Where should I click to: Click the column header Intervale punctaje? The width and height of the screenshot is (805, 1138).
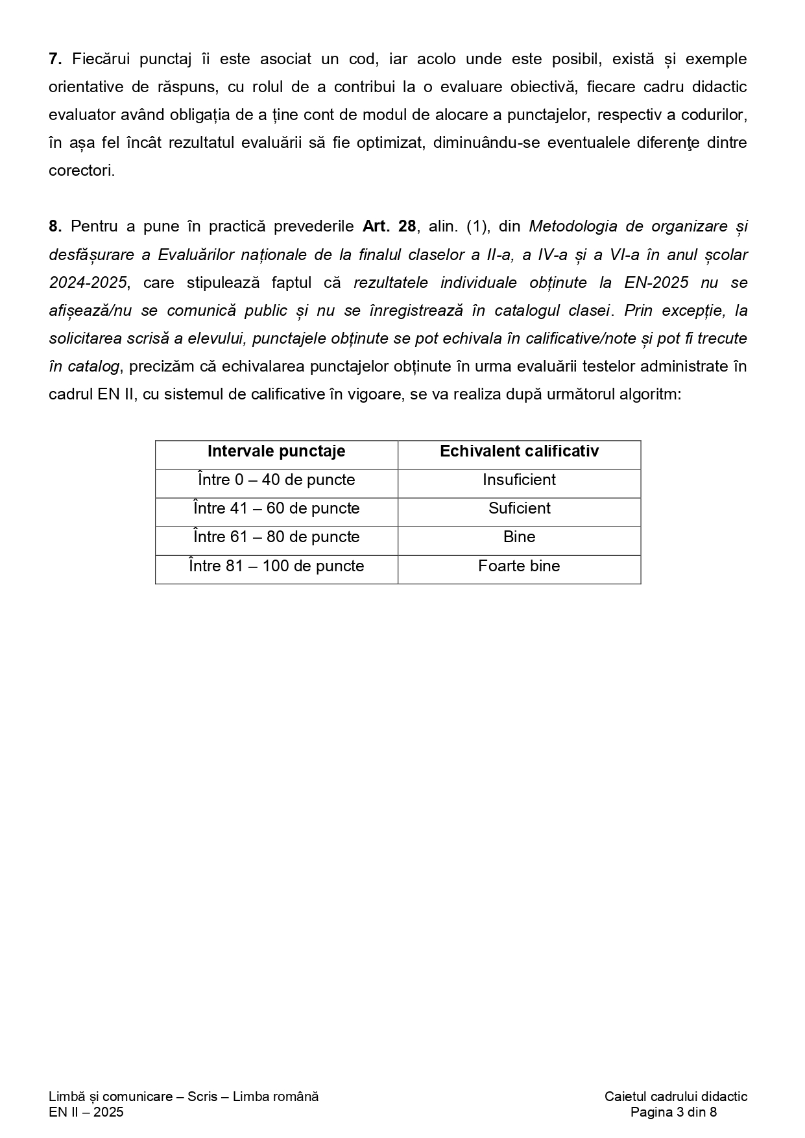pyautogui.click(x=276, y=451)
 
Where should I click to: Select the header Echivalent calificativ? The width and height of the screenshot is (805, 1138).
pyautogui.click(x=519, y=451)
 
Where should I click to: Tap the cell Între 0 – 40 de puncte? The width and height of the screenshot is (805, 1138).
pyautogui.click(x=276, y=480)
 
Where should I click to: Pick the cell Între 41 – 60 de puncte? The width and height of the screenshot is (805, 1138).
pyautogui.click(x=276, y=508)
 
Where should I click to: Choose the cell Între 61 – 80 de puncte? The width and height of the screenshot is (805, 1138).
pyautogui.click(x=276, y=537)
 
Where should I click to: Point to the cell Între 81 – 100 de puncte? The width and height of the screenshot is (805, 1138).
pyautogui.click(x=276, y=566)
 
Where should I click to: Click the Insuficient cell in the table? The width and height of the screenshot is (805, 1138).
pyautogui.click(x=519, y=480)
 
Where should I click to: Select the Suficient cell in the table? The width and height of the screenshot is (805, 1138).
pyautogui.click(x=519, y=508)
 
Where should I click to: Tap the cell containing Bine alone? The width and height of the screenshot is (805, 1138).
pyautogui.click(x=519, y=537)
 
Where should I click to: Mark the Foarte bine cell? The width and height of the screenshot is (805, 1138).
pyautogui.click(x=519, y=566)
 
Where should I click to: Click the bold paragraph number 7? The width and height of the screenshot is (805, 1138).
pyautogui.click(x=54, y=59)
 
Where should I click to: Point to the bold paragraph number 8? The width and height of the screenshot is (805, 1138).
pyautogui.click(x=54, y=226)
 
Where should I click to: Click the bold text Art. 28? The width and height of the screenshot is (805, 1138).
pyautogui.click(x=389, y=226)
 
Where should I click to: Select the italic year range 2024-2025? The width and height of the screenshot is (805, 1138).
pyautogui.click(x=88, y=283)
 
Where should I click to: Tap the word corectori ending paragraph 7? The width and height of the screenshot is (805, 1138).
pyautogui.click(x=81, y=171)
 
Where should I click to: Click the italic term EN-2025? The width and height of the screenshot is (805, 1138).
pyautogui.click(x=656, y=283)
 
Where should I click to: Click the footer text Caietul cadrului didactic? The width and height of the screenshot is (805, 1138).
pyautogui.click(x=675, y=1097)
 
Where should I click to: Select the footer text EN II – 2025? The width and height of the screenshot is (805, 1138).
pyautogui.click(x=86, y=1113)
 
